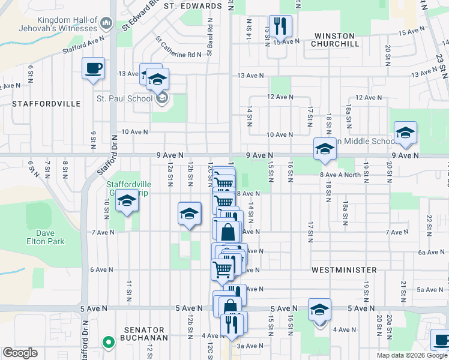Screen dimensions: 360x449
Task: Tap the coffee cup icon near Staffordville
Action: click(x=93, y=68)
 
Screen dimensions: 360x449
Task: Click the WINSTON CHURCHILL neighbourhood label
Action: click(x=336, y=44)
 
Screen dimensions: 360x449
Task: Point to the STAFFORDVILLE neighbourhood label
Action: click(x=46, y=104)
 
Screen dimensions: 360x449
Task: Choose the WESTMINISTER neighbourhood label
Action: click(x=344, y=271)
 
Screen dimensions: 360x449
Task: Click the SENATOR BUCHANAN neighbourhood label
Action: click(x=144, y=334)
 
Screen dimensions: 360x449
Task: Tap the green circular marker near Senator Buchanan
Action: click(x=108, y=343)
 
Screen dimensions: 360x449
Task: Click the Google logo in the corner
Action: click(x=20, y=353)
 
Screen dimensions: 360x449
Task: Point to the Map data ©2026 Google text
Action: click(x=412, y=355)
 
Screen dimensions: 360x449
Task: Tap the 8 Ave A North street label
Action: click(x=340, y=175)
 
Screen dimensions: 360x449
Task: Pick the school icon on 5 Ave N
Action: click(x=320, y=310)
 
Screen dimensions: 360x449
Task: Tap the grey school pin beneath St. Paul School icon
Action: click(x=161, y=97)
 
